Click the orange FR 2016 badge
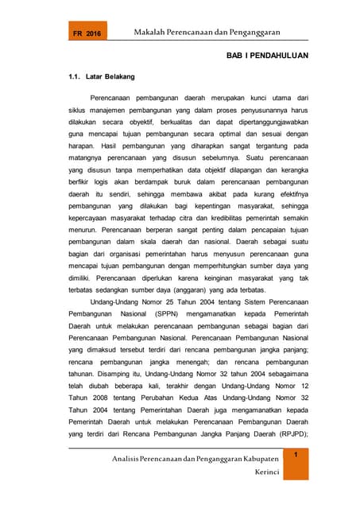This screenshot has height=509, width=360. (87, 33)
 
